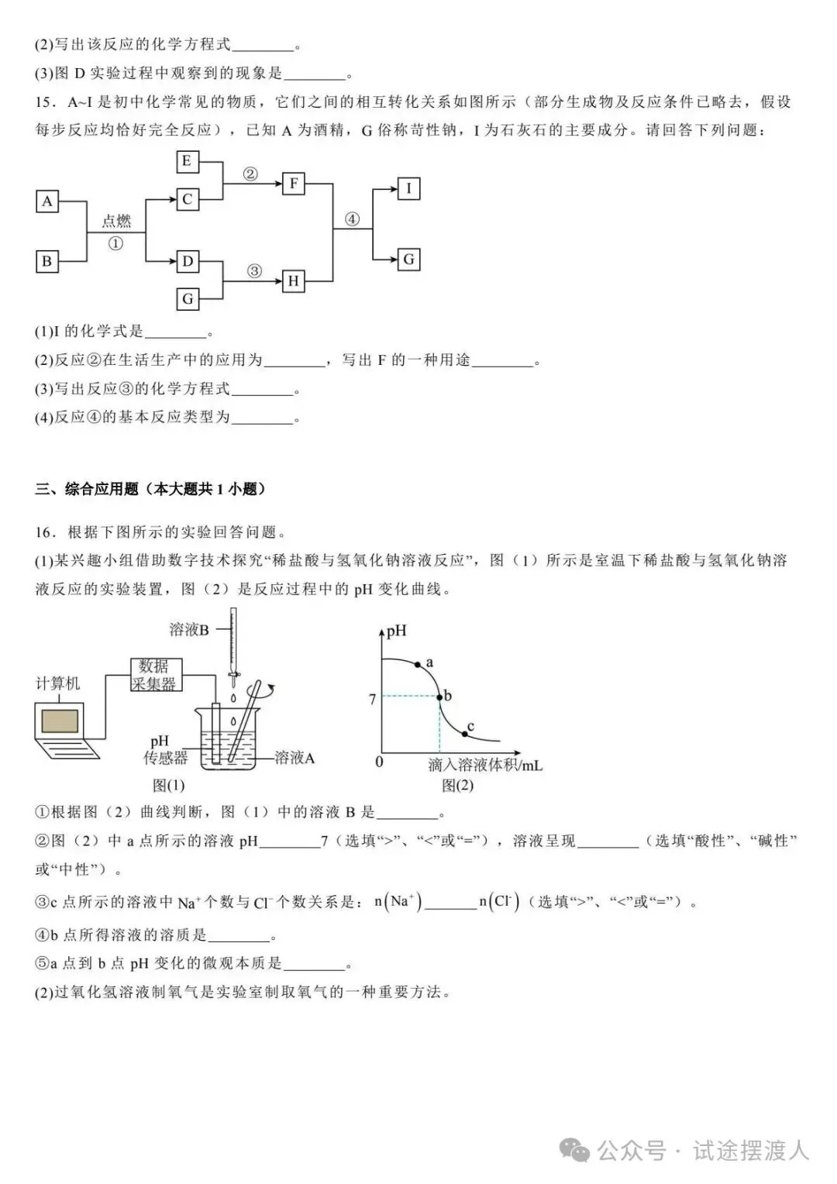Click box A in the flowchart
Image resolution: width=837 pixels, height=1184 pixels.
pos(47,201)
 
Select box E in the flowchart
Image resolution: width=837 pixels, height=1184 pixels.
pos(187,161)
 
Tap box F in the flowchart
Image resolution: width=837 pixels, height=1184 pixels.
pos(294,184)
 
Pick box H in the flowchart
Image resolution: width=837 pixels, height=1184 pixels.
pos(293,281)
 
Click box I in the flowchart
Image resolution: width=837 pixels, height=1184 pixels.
pos(408,188)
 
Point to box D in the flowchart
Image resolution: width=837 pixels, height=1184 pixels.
pos(187,261)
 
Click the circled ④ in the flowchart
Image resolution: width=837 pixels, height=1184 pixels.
pos(353,219)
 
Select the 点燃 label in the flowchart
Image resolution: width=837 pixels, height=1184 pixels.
pos(116,222)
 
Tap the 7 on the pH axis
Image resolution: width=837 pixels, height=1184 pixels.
pos(373,699)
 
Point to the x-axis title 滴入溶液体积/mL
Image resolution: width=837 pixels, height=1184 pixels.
pos(485,765)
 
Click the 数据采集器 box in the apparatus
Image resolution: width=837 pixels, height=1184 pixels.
pos(154,674)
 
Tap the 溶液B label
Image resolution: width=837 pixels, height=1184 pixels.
pos(189,629)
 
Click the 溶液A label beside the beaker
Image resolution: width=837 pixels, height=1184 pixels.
pos(295,758)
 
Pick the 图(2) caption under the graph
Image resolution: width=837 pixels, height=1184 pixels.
pos(457,786)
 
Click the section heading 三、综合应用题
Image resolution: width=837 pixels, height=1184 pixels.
pos(150,489)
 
